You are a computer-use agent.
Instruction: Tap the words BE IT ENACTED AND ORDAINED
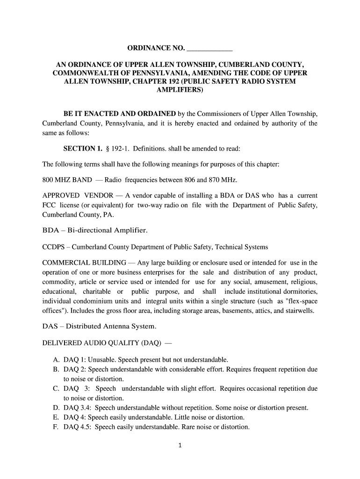120,114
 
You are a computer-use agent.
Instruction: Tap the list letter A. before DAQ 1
56,360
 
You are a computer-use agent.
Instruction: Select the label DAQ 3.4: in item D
77,407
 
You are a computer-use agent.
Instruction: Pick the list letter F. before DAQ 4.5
56,427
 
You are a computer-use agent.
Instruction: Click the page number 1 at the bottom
180,446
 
